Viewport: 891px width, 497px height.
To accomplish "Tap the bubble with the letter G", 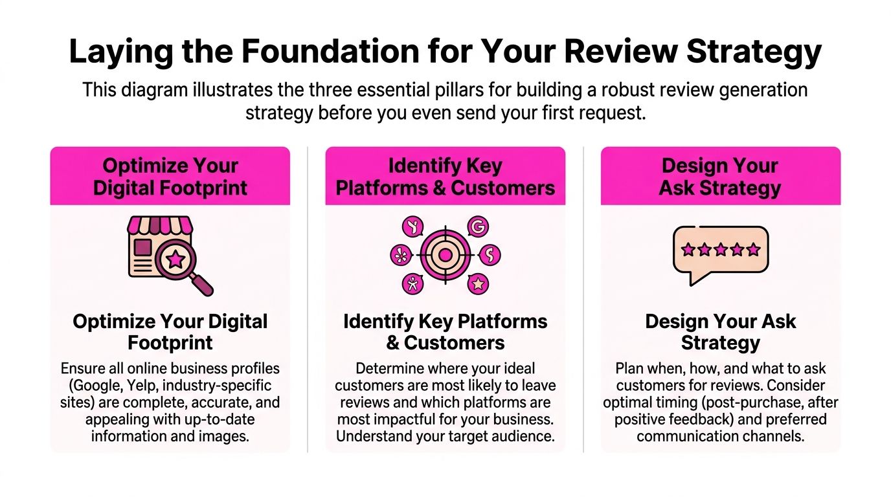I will tap(478, 227).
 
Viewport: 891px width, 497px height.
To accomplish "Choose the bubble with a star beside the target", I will tap(478, 283).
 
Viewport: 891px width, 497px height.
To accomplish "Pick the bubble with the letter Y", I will tap(412, 227).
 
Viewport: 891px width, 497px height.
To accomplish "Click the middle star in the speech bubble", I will tap(721, 250).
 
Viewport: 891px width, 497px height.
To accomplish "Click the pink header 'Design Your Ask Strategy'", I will tap(720, 177).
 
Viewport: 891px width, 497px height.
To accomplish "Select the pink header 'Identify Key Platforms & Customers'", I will tap(445, 177).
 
